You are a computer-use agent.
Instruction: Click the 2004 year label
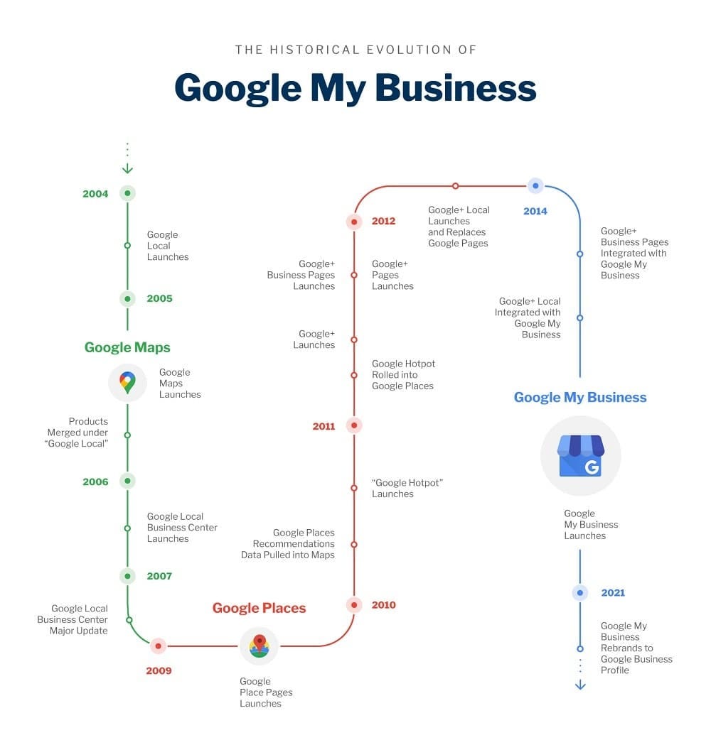point(95,193)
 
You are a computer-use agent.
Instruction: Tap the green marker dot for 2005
point(127,299)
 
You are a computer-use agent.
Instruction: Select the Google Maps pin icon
point(127,383)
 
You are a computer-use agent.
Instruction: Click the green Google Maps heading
point(127,347)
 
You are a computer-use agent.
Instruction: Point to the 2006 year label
point(95,482)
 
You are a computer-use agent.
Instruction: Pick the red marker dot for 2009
point(158,646)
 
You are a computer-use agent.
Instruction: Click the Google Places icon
point(259,646)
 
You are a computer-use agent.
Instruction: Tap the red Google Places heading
point(259,608)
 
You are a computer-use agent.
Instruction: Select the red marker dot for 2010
point(354,605)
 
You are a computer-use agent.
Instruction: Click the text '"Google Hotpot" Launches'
point(407,488)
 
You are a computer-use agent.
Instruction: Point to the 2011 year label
point(324,426)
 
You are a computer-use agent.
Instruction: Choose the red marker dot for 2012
point(354,222)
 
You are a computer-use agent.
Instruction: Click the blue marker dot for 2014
point(535,186)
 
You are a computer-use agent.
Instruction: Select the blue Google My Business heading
point(580,398)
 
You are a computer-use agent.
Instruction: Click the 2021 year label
point(613,592)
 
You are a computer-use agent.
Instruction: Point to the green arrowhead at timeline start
point(127,169)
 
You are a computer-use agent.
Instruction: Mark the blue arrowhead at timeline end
point(580,685)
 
